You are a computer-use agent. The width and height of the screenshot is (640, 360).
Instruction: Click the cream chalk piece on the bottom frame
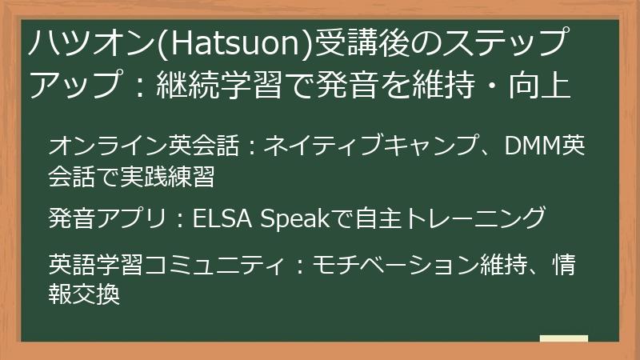[563, 340]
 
